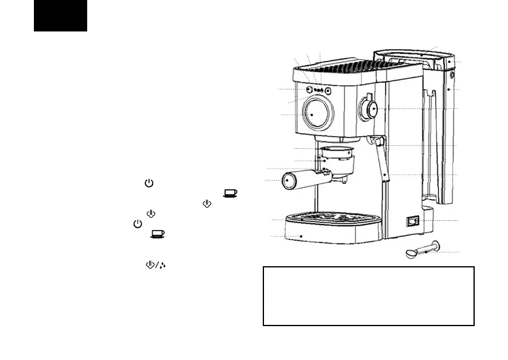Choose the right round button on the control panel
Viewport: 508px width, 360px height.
(x=328, y=91)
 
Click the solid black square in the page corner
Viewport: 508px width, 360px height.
(x=61, y=15)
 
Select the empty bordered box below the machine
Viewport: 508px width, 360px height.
(x=368, y=296)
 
